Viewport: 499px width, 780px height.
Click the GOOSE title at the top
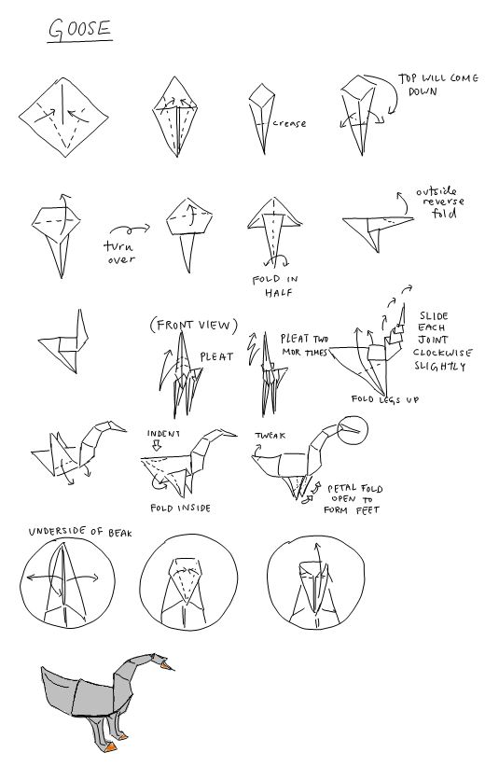tap(79, 29)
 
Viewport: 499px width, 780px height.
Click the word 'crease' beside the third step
tap(289, 123)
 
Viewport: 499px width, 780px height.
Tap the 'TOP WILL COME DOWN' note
tap(437, 85)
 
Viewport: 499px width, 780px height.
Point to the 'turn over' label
tap(120, 253)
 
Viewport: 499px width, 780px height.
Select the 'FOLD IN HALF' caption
tap(275, 286)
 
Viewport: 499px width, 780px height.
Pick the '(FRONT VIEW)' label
tap(194, 325)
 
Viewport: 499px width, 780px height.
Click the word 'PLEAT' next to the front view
tap(216, 356)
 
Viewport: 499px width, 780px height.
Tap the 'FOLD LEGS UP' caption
tap(384, 399)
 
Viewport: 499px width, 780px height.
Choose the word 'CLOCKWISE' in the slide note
tap(442, 353)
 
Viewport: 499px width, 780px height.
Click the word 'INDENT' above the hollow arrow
tap(163, 434)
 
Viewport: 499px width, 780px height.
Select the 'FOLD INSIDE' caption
tap(181, 508)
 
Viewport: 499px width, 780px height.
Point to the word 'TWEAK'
tap(270, 436)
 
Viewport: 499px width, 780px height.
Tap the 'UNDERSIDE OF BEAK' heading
tap(80, 532)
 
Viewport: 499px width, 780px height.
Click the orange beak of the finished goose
tap(165, 664)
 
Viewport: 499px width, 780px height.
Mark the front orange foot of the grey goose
tap(110, 746)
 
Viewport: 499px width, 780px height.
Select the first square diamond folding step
tap(63, 118)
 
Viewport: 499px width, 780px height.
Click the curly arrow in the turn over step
tap(130, 230)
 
